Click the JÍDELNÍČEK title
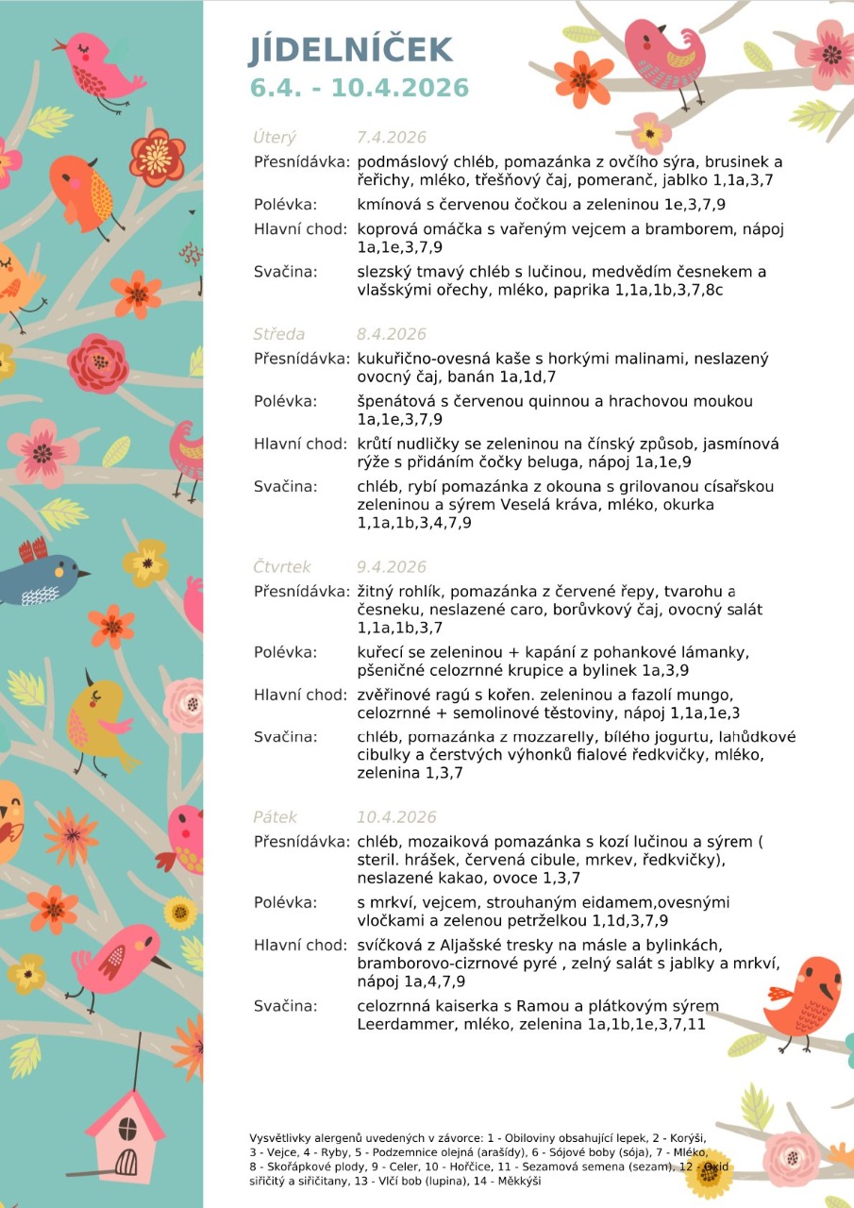[x=351, y=50]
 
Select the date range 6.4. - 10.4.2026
[x=360, y=88]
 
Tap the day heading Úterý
[x=275, y=138]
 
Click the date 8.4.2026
[x=392, y=334]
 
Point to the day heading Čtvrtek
[x=281, y=567]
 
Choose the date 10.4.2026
[x=396, y=817]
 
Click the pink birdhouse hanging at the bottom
[x=125, y=1132]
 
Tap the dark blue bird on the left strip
[x=42, y=576]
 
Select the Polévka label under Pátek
[x=285, y=903]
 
